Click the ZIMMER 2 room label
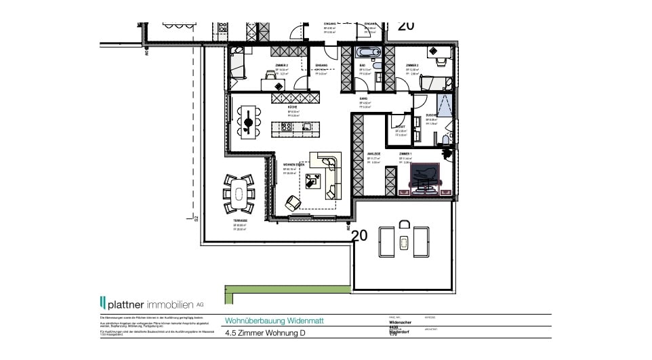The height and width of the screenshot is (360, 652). [x=281, y=65]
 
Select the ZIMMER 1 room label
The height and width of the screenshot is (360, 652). [x=406, y=154]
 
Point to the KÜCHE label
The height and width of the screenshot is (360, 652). [x=292, y=108]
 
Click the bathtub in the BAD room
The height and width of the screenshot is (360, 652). [x=369, y=52]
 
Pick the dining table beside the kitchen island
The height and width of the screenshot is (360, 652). [x=249, y=122]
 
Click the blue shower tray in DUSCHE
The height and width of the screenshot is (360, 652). [x=445, y=107]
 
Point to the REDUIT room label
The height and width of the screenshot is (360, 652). [x=401, y=126]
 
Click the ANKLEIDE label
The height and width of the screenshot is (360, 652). [x=373, y=154]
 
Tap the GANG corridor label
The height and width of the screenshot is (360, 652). [x=364, y=99]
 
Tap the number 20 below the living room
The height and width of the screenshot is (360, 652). [x=360, y=235]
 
